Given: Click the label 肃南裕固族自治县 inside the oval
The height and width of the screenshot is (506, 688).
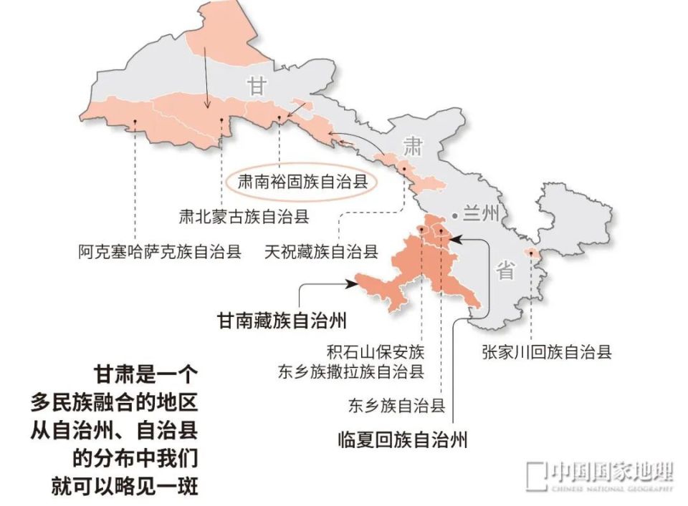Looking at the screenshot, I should coord(302,182).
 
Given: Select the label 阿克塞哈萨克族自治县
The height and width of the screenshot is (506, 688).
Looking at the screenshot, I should coord(160,252).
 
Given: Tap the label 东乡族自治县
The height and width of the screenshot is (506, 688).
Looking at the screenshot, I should coord(396,407).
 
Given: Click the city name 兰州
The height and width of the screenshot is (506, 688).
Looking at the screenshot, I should coord(479,214).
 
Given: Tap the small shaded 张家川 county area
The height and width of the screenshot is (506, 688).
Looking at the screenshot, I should coord(531,253).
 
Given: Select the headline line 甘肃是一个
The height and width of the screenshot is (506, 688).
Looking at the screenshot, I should coord(145,375).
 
